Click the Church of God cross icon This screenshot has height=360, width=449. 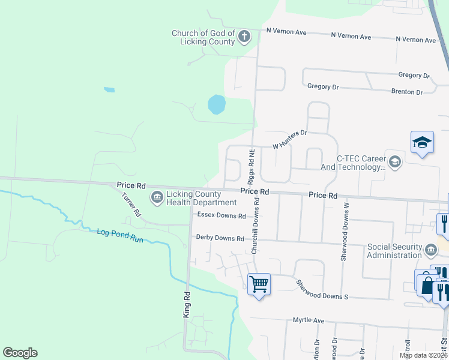pyautogui.click(x=244, y=37)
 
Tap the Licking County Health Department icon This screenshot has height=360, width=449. pyautogui.click(x=157, y=197)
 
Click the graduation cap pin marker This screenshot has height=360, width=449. pyautogui.click(x=421, y=143)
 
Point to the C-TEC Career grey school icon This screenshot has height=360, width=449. pyautogui.click(x=395, y=161)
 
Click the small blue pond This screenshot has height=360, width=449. pyautogui.click(x=216, y=104)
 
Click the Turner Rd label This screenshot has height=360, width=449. pyautogui.click(x=131, y=205)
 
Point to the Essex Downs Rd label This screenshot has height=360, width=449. pyautogui.click(x=221, y=216)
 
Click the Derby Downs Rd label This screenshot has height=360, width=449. pyautogui.click(x=220, y=238)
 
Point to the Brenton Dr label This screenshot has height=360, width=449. pyautogui.click(x=406, y=92)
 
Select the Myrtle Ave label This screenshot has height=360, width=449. pyautogui.click(x=309, y=320)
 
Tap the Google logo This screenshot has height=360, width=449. pyautogui.click(x=20, y=353)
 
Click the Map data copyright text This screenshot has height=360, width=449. pyautogui.click(x=423, y=355)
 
